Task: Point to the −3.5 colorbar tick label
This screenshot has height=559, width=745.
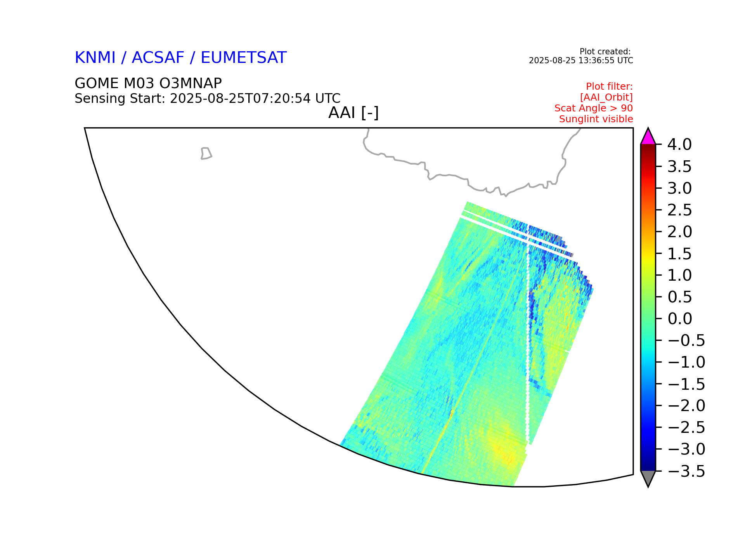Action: coord(686,472)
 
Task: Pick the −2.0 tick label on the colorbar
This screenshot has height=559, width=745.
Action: coord(686,406)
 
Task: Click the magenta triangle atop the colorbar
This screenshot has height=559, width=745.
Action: coord(648,137)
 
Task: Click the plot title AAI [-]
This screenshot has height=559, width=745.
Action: coord(353,113)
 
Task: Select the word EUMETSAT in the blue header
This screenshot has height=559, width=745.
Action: coord(244,58)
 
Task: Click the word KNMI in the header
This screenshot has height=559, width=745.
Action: coord(95,58)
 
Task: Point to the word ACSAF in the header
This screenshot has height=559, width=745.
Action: coord(158,58)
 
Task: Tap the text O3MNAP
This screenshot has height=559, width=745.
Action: coord(191,83)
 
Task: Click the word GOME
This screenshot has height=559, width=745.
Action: coord(97,83)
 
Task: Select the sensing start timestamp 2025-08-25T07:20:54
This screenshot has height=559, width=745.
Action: coord(240,99)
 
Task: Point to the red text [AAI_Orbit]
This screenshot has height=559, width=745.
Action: coord(606,97)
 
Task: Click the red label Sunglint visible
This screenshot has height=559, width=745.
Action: coord(596,119)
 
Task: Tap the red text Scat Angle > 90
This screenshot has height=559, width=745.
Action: coord(594,108)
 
